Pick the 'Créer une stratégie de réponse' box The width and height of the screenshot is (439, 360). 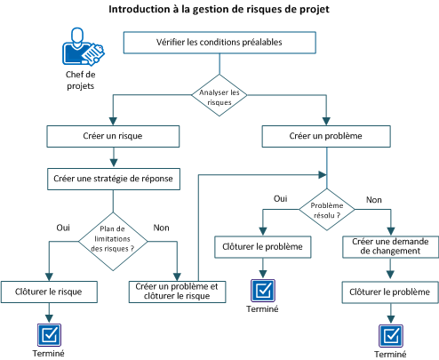(x=112, y=178)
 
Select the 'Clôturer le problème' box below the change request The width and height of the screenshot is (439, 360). (x=391, y=291)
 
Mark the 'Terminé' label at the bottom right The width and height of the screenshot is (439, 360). (x=390, y=353)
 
